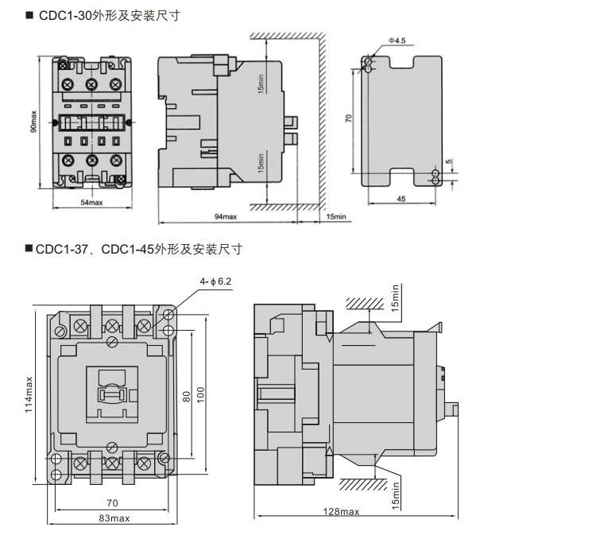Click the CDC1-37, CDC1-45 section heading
pyautogui.click(x=138, y=249)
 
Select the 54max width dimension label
pyautogui.click(x=92, y=203)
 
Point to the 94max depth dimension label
pyautogui.click(x=226, y=216)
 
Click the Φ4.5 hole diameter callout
pyautogui.click(x=397, y=39)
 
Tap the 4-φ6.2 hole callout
pyautogui.click(x=216, y=281)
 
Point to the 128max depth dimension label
pyautogui.click(x=346, y=511)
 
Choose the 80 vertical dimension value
pyautogui.click(x=186, y=395)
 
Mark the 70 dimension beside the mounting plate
pyautogui.click(x=348, y=118)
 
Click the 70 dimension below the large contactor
pyautogui.click(x=112, y=502)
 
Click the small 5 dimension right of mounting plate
pyautogui.click(x=448, y=162)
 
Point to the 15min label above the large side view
pyautogui.click(x=396, y=298)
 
